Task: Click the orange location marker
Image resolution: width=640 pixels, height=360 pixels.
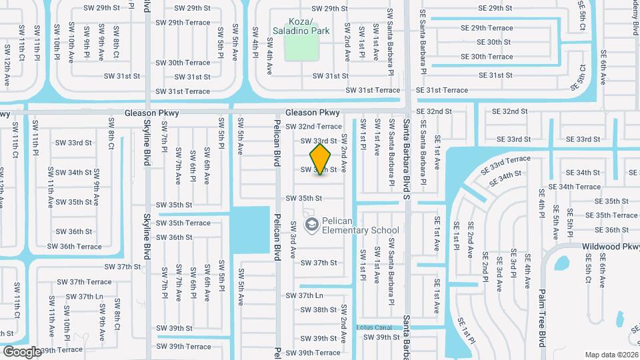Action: [321, 159]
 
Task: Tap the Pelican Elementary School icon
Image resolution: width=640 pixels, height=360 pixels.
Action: [310, 225]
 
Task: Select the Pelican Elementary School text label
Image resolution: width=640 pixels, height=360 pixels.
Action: [360, 225]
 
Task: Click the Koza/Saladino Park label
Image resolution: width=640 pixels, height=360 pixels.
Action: [301, 25]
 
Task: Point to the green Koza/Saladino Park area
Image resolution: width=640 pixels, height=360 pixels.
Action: [301, 47]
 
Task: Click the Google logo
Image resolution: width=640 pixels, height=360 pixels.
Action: [22, 351]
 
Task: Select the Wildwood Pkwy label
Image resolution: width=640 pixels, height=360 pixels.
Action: [610, 246]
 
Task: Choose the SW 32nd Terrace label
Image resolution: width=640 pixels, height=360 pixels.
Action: [313, 126]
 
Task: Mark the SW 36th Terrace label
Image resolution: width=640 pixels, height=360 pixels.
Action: [75, 246]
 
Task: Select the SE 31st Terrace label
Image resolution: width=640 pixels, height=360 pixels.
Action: [442, 90]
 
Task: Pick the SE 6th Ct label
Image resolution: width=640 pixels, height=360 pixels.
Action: [581, 77]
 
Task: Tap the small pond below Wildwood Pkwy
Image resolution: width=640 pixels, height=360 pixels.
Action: [561, 264]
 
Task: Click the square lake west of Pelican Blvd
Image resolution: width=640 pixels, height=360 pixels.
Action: [249, 229]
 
